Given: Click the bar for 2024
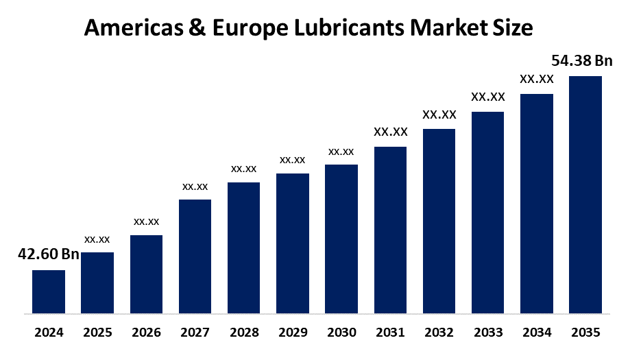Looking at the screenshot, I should click(49, 291).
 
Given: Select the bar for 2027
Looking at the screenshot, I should click(195, 256).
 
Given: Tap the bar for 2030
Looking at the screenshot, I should click(341, 239).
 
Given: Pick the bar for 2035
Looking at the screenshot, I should click(585, 195).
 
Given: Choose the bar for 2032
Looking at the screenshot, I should click(439, 221).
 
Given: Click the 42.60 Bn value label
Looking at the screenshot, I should click(48, 254).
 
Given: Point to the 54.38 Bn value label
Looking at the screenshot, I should click(582, 61).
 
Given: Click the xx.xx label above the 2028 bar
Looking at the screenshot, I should click(243, 168).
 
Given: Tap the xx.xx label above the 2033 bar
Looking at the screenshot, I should click(488, 97).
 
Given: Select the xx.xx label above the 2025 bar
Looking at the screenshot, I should click(97, 239).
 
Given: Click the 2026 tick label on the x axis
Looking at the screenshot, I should click(146, 333).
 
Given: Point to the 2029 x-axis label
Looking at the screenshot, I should click(293, 333).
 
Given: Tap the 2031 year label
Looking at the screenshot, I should click(390, 333).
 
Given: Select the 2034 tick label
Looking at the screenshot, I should click(537, 333).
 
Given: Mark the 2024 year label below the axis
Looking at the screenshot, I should click(49, 333).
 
